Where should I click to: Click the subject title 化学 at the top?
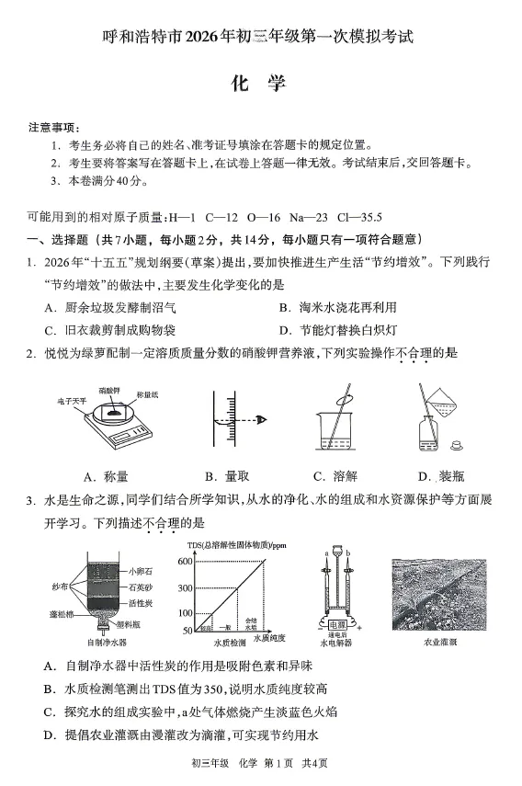pyautogui.click(x=260, y=83)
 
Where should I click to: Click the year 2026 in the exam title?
pyautogui.click(x=205, y=38)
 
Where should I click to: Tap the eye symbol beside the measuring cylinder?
pyautogui.click(x=262, y=420)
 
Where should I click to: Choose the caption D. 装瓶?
pyautogui.click(x=439, y=476)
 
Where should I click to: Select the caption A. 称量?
pyautogui.click(x=106, y=476)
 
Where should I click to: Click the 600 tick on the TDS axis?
pyautogui.click(x=185, y=561)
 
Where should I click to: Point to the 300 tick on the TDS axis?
pyautogui.click(x=185, y=588)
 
